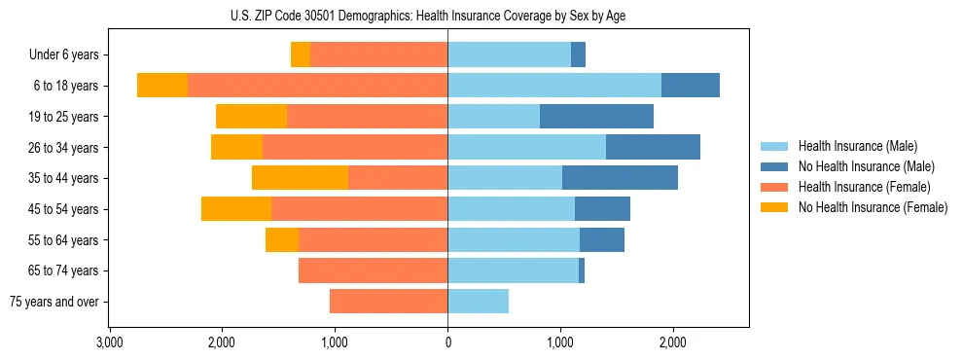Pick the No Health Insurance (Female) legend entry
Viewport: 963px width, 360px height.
pos(873,207)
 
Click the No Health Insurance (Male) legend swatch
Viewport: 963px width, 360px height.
pos(774,166)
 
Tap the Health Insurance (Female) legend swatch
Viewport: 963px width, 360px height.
pos(774,187)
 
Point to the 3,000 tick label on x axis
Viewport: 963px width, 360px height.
pos(109,342)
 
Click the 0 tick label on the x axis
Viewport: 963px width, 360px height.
pos(447,342)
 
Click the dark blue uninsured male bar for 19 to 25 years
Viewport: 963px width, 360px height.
pos(596,117)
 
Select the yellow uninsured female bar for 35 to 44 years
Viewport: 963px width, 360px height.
pos(300,178)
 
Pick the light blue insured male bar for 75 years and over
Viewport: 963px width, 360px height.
pos(478,302)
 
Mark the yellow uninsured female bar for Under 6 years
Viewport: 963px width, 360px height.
pos(301,55)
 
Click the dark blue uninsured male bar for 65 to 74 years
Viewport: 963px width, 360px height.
pos(582,270)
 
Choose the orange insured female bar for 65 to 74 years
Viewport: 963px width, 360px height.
pos(373,270)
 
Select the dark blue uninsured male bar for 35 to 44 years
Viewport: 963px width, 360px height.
pos(620,178)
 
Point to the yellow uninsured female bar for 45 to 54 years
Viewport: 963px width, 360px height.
pos(236,209)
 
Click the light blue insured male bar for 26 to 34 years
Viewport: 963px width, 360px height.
pos(526,147)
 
